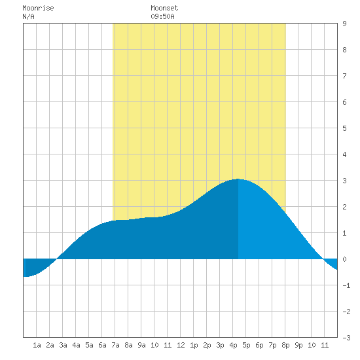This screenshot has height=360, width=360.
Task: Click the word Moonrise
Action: tap(38, 8)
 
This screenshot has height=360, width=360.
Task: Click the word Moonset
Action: tap(164, 8)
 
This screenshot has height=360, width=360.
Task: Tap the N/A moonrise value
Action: tap(28, 16)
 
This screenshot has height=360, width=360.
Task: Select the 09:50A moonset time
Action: tap(162, 16)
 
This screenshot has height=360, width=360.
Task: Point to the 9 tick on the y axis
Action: tap(344, 24)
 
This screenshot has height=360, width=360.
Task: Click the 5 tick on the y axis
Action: tap(344, 128)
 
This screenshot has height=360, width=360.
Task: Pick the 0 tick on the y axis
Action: tap(344, 259)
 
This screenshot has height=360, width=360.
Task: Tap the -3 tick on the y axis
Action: tap(346, 338)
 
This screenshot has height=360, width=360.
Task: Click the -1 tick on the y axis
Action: tap(346, 285)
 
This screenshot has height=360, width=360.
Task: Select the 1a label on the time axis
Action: tap(37, 345)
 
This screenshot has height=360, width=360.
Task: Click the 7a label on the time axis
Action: tap(115, 345)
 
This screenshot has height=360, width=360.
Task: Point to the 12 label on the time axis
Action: tap(181, 345)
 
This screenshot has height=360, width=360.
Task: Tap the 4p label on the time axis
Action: tap(233, 345)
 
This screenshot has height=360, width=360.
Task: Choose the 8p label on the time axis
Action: tap(285, 345)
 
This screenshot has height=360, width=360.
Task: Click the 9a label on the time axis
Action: tap(141, 345)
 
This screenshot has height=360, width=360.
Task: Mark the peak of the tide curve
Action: tap(238, 179)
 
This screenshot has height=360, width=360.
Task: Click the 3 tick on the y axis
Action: tap(344, 181)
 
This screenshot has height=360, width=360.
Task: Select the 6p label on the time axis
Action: tap(259, 345)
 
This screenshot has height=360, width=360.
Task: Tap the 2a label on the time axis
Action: tap(50, 345)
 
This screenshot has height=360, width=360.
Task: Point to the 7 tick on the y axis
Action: tap(344, 76)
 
